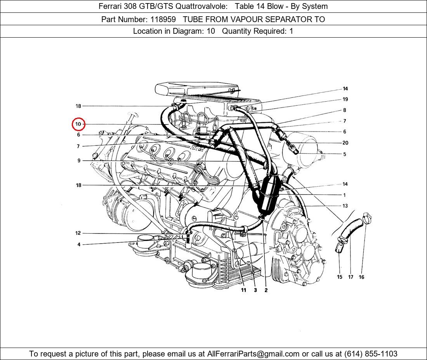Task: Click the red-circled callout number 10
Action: coord(78,125)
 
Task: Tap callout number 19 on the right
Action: coord(345,99)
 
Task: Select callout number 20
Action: coord(345,143)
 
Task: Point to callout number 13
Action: coord(345,206)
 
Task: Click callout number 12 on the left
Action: coord(78,233)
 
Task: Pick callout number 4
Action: coord(79,245)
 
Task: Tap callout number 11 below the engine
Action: coord(243,290)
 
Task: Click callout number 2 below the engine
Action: coord(266,290)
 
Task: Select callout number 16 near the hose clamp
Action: coord(361,277)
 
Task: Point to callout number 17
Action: coord(351,277)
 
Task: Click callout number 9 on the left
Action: coord(79,161)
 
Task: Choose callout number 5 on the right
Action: coord(344,154)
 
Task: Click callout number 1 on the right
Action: coord(344,195)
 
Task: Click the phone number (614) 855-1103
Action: coord(371,354)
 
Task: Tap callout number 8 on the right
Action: coord(344,110)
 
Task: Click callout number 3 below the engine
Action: coord(255,290)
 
